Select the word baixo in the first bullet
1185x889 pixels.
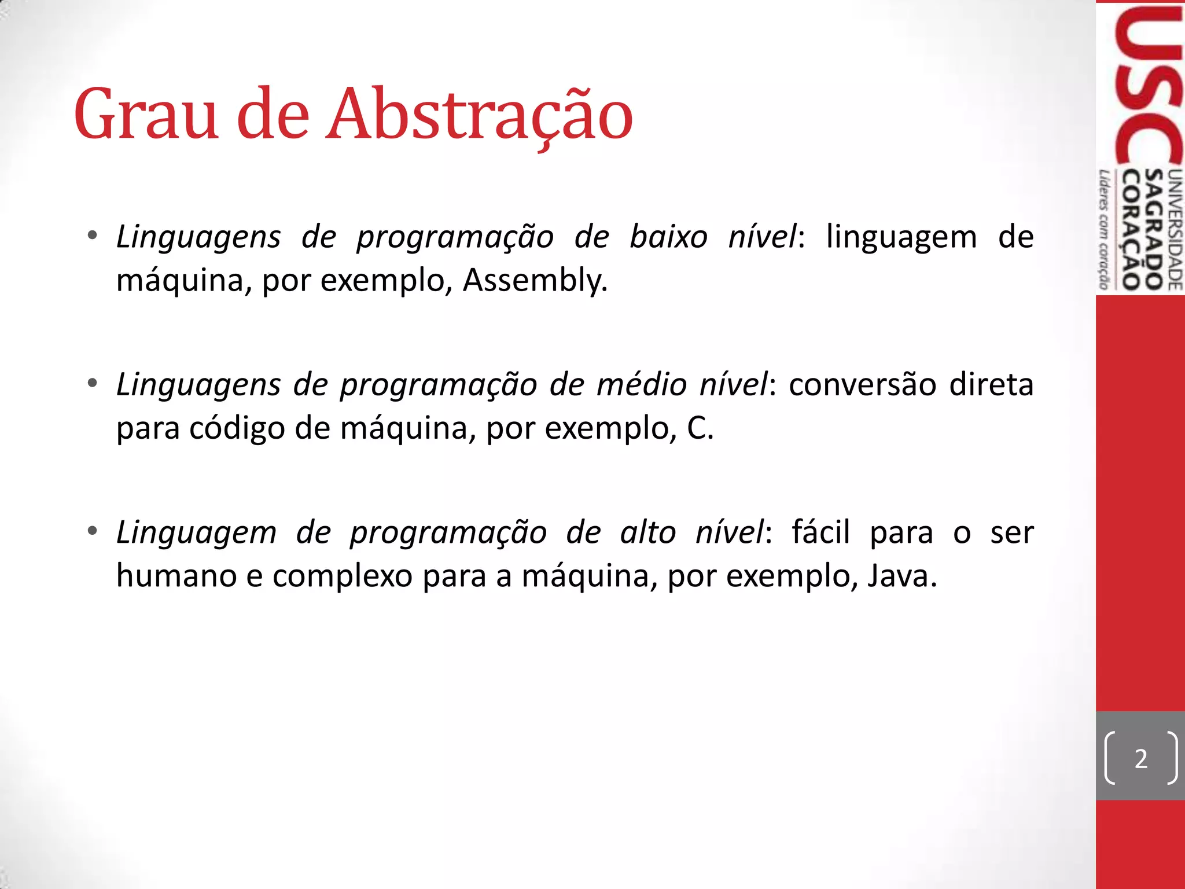coord(668,237)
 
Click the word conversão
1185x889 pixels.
coord(862,385)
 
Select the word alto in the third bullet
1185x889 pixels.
coord(648,532)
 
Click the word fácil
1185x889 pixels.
coord(820,532)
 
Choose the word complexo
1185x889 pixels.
coord(342,576)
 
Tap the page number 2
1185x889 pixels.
coord(1140,759)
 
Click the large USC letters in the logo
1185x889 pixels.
coord(1149,87)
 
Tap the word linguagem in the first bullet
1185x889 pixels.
coord(901,237)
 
